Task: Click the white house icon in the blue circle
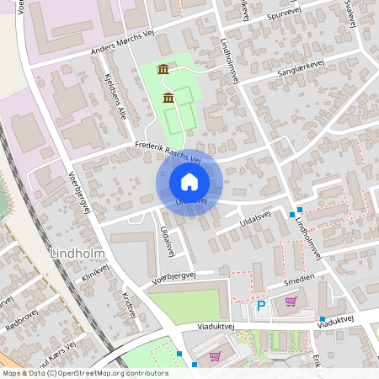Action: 189,182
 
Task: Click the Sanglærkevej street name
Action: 295,74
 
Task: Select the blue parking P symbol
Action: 260,306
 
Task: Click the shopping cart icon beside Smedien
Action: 291,302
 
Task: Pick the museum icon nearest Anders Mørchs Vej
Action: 163,68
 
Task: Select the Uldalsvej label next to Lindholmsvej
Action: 256,216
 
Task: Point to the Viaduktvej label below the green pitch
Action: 200,322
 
